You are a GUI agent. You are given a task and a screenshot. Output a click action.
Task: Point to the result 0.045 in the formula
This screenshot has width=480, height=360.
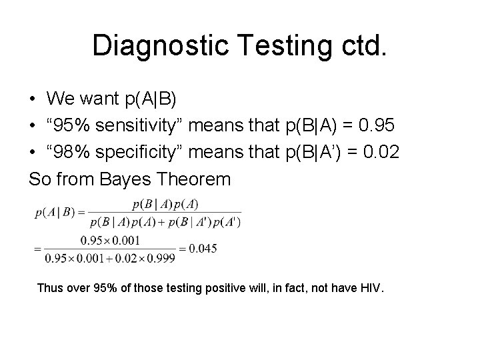click(x=203, y=248)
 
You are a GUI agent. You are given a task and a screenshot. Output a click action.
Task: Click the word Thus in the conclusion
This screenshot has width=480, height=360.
click(x=50, y=289)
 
